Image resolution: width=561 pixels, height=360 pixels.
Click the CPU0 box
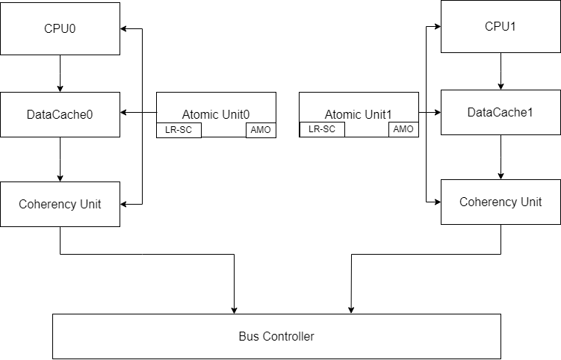[60, 28]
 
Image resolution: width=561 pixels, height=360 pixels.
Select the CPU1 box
[500, 26]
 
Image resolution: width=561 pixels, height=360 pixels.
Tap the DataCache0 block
[60, 114]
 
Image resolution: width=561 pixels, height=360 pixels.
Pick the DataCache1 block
[500, 112]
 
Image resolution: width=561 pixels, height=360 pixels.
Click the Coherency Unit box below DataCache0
[60, 203]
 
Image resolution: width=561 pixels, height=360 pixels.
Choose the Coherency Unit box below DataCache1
[500, 202]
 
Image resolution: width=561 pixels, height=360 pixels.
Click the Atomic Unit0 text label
[216, 114]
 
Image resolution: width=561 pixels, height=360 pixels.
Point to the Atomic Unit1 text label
[359, 114]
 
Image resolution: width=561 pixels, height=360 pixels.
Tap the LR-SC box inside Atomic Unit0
[179, 130]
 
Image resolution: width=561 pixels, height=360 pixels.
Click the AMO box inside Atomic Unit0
[261, 130]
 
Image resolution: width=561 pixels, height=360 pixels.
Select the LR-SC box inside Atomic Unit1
[322, 129]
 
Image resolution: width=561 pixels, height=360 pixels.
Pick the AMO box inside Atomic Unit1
[403, 129]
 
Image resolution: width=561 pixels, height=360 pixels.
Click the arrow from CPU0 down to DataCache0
[60, 73]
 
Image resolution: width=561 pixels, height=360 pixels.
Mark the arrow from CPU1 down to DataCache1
[500, 71]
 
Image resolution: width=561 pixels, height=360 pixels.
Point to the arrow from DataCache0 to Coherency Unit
[60, 159]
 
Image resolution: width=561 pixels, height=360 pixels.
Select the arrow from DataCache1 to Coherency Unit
[500, 157]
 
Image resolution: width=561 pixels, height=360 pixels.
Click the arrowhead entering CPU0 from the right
[125, 28]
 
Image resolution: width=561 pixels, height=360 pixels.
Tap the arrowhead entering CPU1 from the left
[436, 27]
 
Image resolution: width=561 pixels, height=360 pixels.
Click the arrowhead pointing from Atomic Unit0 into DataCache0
[125, 113]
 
